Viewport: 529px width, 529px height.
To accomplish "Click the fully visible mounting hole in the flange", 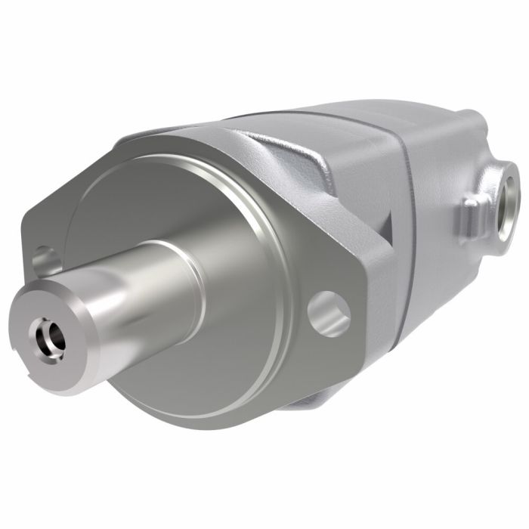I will (329, 313).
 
